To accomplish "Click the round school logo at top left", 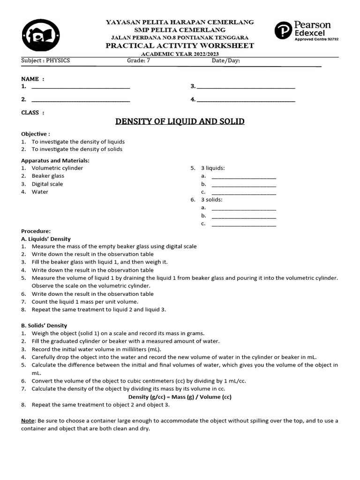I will click(41, 35).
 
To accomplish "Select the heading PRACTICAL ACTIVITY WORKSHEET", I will click(180, 45).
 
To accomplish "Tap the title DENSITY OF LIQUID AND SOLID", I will click(180, 122).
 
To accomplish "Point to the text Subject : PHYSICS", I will click(45, 60).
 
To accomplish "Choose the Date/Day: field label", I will click(226, 60).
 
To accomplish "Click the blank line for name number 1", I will click(80, 87).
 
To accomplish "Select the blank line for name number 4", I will click(246, 100).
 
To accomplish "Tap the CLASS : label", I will click(33, 112).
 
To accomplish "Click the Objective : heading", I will click(36, 134).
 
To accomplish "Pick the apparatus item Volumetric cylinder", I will click(57, 168).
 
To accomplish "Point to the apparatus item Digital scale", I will click(47, 184).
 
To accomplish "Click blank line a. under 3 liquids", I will click(244, 177).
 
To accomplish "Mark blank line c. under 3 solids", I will click(244, 225).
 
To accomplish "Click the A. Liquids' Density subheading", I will click(46, 239).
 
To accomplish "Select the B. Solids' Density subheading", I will click(44, 325).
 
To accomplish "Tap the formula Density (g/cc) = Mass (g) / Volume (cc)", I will click(180, 397).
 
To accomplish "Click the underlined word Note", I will click(28, 421).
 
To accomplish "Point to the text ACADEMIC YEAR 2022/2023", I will click(180, 53).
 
